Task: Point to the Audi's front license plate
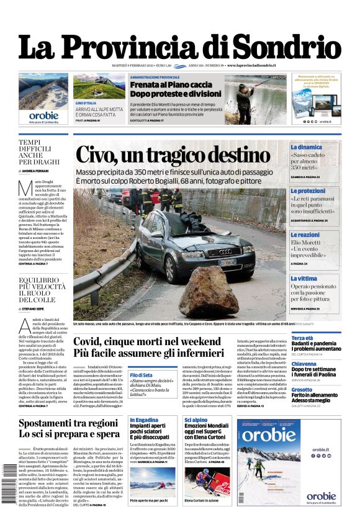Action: point(229,263)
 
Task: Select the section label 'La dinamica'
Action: point(306,147)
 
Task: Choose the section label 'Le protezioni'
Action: point(308,191)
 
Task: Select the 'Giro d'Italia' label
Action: point(86,102)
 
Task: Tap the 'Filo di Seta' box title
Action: point(142,375)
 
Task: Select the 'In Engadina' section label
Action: point(144,420)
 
